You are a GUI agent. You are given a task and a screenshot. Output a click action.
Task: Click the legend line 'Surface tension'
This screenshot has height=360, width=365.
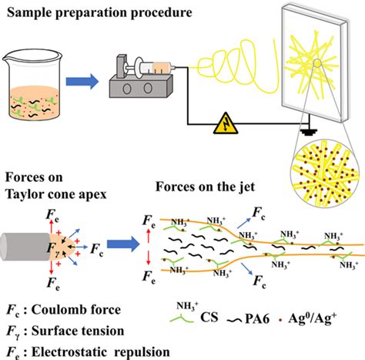pyautogui.click(x=61, y=331)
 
